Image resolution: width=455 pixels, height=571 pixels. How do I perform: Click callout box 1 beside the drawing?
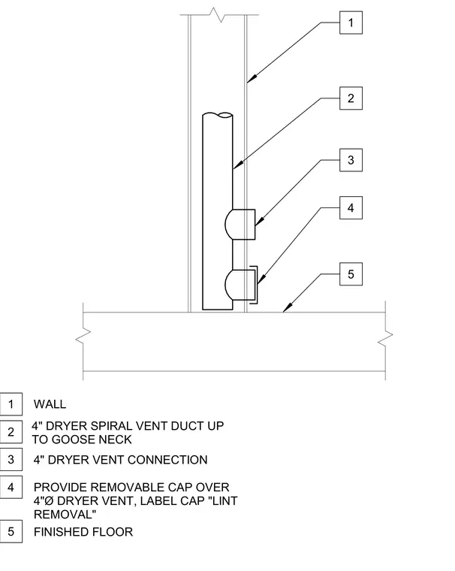pyautogui.click(x=351, y=23)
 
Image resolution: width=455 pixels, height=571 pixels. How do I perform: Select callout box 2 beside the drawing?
pyautogui.click(x=351, y=98)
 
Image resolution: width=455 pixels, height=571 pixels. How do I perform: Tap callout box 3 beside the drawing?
pyautogui.click(x=351, y=160)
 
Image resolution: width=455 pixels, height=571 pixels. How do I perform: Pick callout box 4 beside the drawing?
pyautogui.click(x=351, y=207)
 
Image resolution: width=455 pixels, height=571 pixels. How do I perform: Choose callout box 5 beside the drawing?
pyautogui.click(x=351, y=273)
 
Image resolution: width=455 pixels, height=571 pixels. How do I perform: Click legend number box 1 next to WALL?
pyautogui.click(x=11, y=404)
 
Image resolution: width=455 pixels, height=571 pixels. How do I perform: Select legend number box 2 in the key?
pyautogui.click(x=11, y=432)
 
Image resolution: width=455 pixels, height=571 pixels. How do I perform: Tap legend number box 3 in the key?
pyautogui.click(x=11, y=460)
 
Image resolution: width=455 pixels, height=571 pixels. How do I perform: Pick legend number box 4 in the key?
pyautogui.click(x=11, y=488)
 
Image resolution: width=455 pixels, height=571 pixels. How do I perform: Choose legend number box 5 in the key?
pyautogui.click(x=11, y=532)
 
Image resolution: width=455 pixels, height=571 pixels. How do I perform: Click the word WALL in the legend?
pyautogui.click(x=50, y=404)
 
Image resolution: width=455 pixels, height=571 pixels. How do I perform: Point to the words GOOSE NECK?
pyautogui.click(x=92, y=440)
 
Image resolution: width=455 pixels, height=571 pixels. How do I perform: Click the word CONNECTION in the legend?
pyautogui.click(x=167, y=460)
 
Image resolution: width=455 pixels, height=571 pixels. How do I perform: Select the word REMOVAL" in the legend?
pyautogui.click(x=65, y=515)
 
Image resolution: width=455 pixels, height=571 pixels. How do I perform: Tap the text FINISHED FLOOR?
pyautogui.click(x=83, y=532)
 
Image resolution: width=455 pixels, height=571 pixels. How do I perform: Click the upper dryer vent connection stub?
pyautogui.click(x=240, y=225)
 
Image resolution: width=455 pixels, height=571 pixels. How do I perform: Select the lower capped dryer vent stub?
pyautogui.click(x=241, y=285)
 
